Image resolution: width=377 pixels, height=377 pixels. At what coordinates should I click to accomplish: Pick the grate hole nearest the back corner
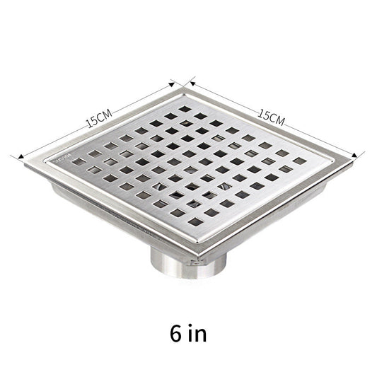click(x=186, y=110)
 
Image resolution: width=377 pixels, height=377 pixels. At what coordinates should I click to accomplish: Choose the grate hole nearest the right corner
click(x=300, y=161)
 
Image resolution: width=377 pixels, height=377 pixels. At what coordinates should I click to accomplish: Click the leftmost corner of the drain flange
click(x=25, y=162)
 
